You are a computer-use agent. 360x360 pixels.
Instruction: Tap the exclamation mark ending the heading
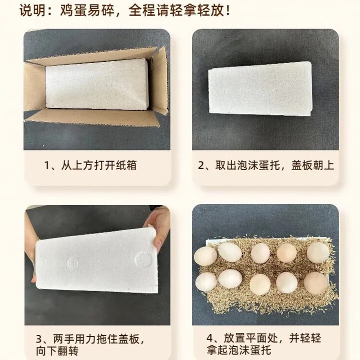228,10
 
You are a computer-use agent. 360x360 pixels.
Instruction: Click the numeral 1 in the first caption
47,165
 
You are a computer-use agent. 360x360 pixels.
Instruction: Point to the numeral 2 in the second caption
201,165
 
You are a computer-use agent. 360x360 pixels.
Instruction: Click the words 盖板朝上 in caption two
312,165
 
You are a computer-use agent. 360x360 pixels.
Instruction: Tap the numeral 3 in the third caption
39,339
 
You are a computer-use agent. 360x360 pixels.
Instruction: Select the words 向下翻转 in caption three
57,351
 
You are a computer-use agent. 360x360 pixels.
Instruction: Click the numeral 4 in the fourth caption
209,338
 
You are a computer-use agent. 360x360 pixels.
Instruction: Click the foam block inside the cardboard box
96,84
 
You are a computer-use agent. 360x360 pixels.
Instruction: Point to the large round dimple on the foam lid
143,259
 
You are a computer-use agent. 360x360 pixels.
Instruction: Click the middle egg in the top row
260,253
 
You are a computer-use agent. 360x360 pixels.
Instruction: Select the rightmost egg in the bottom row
316,283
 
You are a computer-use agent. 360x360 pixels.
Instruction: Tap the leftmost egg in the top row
205,256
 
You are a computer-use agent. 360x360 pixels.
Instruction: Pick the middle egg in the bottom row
260,284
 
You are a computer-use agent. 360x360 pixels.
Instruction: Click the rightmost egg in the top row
318,252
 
